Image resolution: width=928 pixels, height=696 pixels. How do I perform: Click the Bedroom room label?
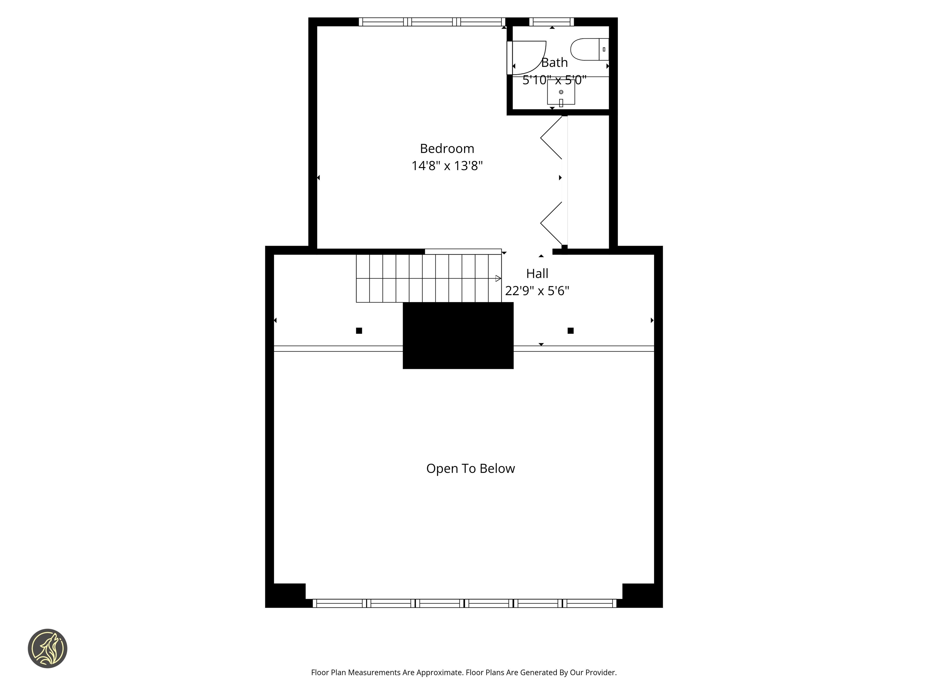pos(447,149)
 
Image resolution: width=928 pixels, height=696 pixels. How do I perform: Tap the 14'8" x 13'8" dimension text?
pos(447,166)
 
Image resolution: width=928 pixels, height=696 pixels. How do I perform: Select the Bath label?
pos(554,63)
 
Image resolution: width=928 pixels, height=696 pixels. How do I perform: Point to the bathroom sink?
pos(561,92)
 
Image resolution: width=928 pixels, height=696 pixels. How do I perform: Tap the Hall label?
pos(537,273)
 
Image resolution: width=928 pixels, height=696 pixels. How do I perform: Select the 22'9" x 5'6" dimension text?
pos(537,291)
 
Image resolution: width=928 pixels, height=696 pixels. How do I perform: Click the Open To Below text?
pos(470,469)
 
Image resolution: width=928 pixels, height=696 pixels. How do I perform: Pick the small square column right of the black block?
pos(571,330)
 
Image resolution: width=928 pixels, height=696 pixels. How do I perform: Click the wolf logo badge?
pos(47,648)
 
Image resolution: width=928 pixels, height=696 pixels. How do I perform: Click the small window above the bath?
pos(551,22)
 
